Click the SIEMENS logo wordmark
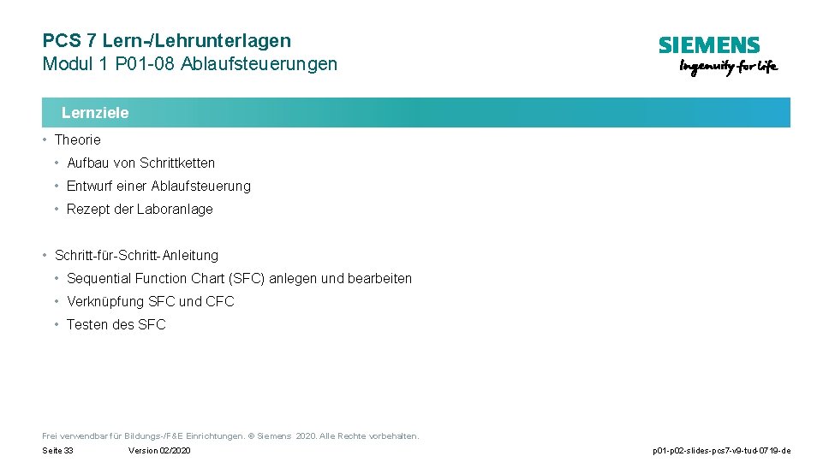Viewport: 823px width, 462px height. coord(708,46)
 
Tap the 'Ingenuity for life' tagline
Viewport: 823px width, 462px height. coord(728,68)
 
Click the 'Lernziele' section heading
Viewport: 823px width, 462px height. coord(95,113)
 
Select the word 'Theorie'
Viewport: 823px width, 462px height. coord(77,139)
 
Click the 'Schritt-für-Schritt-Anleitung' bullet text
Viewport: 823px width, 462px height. coord(136,255)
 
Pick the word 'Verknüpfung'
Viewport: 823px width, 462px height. coord(105,301)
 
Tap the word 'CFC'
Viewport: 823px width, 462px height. coord(220,301)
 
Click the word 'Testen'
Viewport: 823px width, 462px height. coord(87,324)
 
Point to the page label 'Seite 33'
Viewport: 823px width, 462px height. coord(57,451)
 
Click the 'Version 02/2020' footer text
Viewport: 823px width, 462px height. coord(159,451)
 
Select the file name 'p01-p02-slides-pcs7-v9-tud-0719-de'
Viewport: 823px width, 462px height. coord(721,451)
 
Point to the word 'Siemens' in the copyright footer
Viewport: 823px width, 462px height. coord(275,436)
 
